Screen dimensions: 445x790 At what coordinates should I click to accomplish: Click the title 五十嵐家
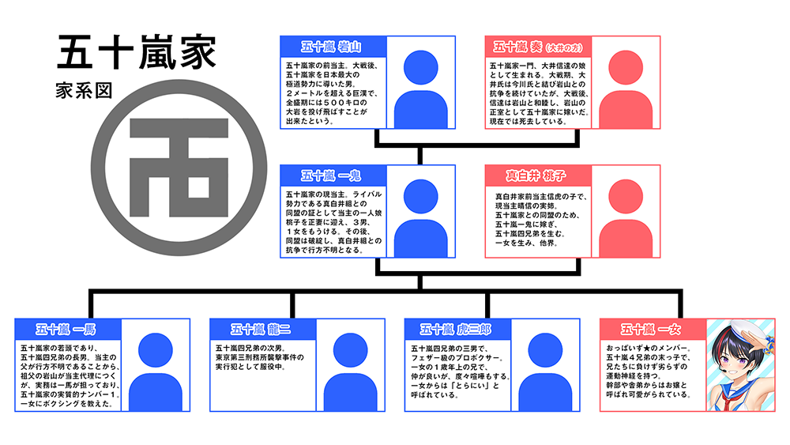click(136, 54)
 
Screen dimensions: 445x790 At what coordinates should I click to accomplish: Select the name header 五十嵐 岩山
click(333, 47)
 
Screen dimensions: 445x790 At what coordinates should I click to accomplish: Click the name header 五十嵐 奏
click(537, 47)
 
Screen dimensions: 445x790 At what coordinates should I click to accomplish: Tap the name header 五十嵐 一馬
click(67, 328)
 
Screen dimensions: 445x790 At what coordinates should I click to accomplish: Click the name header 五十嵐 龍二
click(261, 328)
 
